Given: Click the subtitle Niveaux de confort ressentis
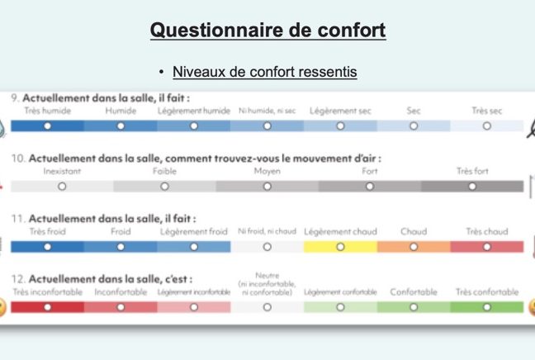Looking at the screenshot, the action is click(x=265, y=72).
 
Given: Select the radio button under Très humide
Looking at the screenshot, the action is click(x=47, y=126).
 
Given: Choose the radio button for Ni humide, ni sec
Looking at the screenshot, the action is click(x=267, y=126).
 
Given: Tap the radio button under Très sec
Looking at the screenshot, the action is click(x=487, y=126).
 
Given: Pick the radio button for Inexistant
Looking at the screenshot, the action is click(x=62, y=187).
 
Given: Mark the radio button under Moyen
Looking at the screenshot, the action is click(x=267, y=187).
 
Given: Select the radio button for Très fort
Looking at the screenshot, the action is click(x=472, y=187).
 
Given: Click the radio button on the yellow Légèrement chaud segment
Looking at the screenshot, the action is click(x=340, y=247).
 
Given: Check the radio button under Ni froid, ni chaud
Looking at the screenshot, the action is click(x=267, y=247).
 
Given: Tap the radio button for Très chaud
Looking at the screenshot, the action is click(x=487, y=247).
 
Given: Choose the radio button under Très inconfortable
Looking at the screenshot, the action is click(x=47, y=307).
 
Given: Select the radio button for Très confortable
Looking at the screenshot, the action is click(x=487, y=307).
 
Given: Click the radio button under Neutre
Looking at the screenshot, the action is click(x=267, y=307).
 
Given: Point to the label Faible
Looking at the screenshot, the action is click(x=164, y=171).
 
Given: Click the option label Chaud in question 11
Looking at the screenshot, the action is click(x=414, y=231).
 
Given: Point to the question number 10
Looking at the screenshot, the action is click(x=18, y=159).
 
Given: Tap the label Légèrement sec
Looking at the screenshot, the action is click(x=340, y=111).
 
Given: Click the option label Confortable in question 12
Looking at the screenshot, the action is click(x=414, y=292).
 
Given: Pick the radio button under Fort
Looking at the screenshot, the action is click(x=370, y=187).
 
